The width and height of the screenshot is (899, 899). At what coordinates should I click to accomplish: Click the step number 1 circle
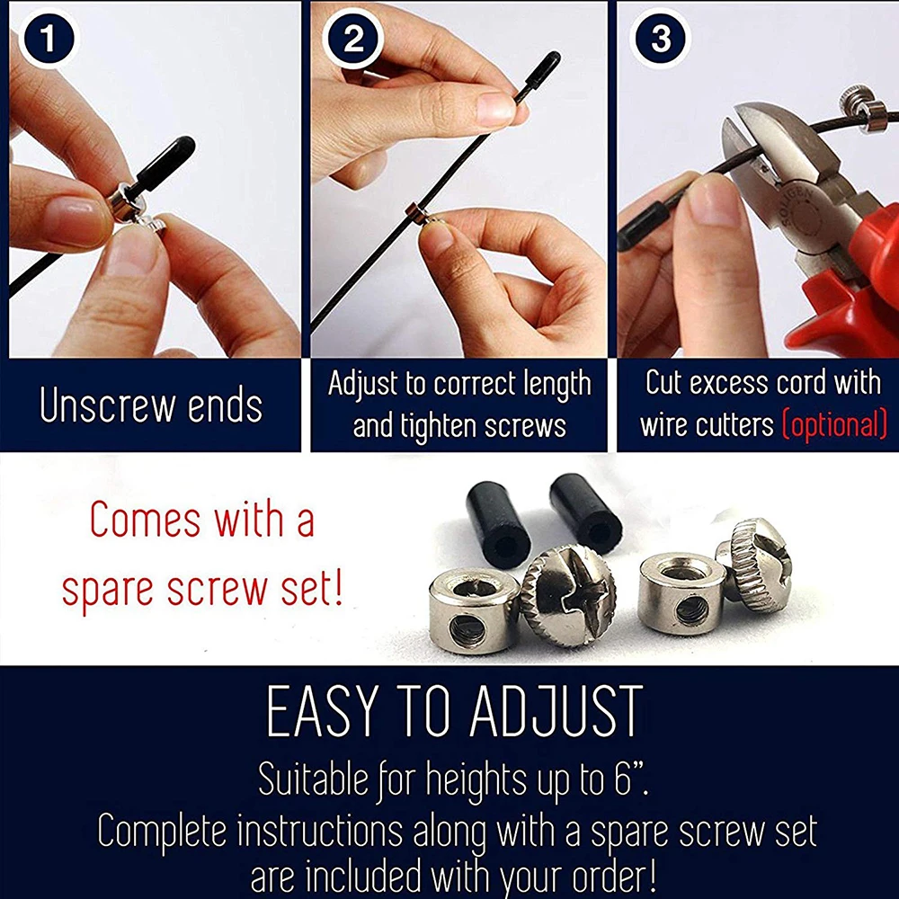[x=49, y=40]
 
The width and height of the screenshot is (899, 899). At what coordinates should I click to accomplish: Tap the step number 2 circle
[x=352, y=39]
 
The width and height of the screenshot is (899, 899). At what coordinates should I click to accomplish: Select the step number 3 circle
[x=660, y=39]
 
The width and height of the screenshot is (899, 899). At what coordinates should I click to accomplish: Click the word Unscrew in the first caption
[x=108, y=405]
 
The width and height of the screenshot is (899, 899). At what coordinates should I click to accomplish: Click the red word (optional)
[x=835, y=425]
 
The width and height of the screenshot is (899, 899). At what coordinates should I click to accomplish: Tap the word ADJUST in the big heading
[x=556, y=711]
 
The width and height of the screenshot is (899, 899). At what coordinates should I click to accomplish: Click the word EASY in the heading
[x=324, y=711]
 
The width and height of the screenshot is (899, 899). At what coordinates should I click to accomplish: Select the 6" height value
[x=631, y=779]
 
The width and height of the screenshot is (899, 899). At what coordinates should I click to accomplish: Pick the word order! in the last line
[x=614, y=877]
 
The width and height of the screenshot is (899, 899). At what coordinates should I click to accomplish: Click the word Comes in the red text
[x=146, y=520]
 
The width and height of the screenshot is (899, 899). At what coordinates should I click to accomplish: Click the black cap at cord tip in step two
[x=539, y=74]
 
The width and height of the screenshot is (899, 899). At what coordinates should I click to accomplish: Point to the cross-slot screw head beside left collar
[x=568, y=596]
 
